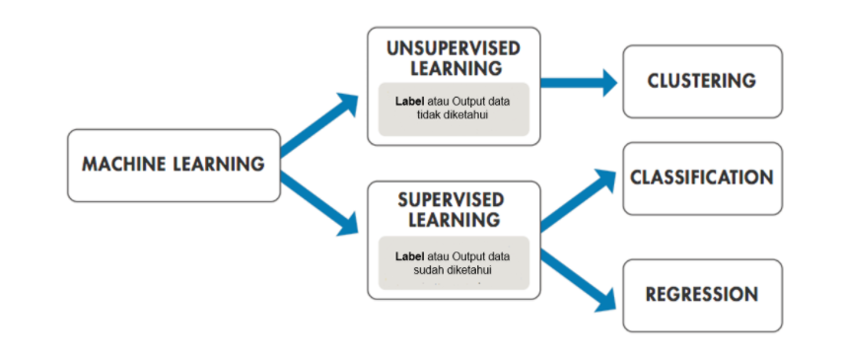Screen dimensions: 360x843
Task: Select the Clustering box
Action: [x=701, y=81]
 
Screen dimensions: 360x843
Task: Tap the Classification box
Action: [x=701, y=179]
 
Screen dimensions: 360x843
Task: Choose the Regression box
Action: [x=701, y=295]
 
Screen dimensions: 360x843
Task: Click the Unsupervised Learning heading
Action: [x=454, y=58]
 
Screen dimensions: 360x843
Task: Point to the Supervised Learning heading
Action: [x=454, y=209]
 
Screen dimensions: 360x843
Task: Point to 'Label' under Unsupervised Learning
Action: [x=409, y=101]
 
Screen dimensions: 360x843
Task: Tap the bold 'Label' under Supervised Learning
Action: [x=409, y=256]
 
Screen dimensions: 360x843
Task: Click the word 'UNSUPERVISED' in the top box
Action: [x=454, y=48]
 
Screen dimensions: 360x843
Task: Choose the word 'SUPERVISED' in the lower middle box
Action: [x=454, y=199]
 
